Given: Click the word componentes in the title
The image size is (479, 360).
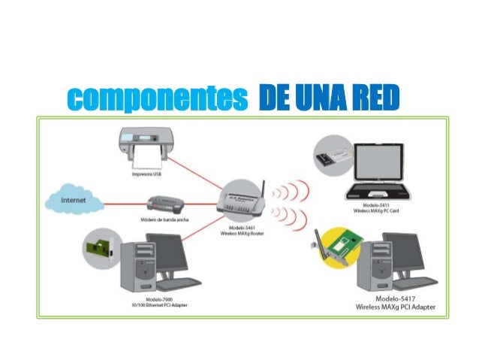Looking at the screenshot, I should [x=157, y=98].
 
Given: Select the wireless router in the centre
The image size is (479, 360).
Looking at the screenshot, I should [x=242, y=200].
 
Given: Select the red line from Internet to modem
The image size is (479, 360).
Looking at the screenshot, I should [x=116, y=202].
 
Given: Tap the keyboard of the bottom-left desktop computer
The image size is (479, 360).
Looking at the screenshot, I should [x=179, y=283].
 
